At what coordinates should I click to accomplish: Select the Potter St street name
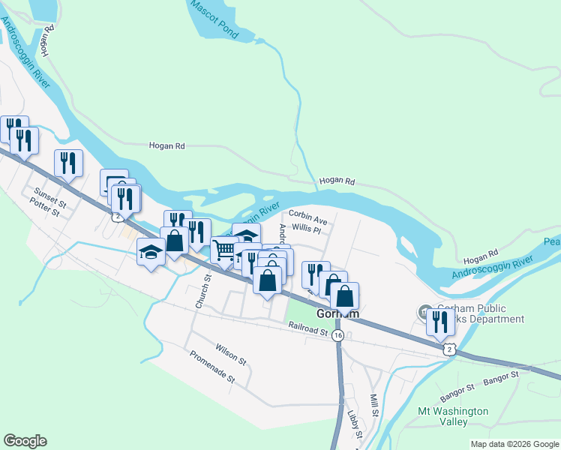point(44,207)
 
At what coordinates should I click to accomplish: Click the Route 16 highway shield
point(338,335)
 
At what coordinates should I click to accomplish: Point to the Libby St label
point(354,425)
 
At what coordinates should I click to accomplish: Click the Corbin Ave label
point(308,220)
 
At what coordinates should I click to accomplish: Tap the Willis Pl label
point(306,229)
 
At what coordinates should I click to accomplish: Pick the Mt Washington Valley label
point(453,416)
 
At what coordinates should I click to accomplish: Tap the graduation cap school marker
point(151,253)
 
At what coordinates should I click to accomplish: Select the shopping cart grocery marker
point(224,250)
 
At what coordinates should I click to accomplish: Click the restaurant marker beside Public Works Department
point(439,321)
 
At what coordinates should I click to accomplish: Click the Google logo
point(25,441)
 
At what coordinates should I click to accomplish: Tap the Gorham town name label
point(337,314)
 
